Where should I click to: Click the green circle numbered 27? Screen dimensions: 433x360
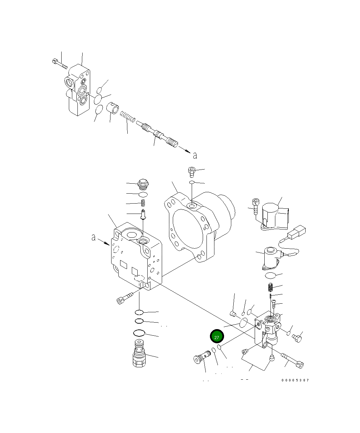point(217,337)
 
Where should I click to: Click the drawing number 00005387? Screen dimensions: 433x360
point(295,380)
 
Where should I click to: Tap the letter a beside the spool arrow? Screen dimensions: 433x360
point(195,155)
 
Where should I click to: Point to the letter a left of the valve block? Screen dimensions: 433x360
point(93,237)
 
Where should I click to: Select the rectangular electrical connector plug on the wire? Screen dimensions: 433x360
point(297,232)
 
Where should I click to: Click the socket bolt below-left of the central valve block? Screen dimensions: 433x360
point(125,297)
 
